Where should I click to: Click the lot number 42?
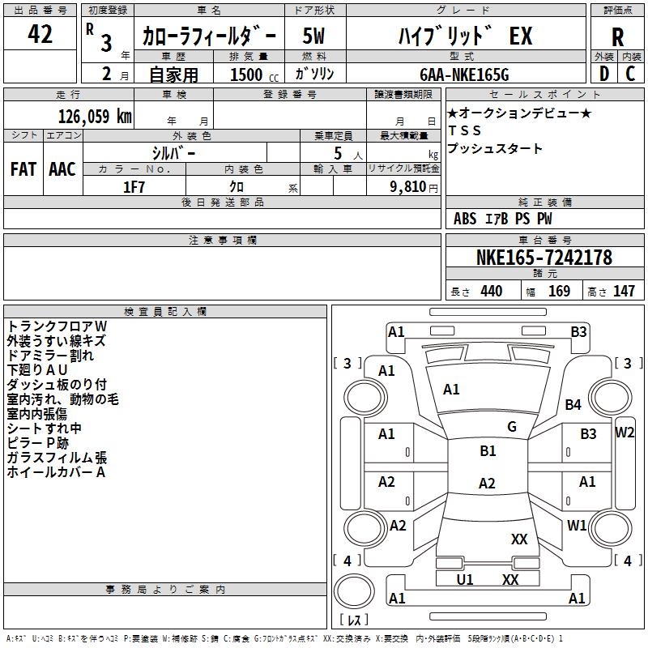tap(40, 33)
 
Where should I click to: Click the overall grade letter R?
tap(617, 37)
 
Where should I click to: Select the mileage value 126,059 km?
tap(95, 116)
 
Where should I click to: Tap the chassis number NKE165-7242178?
tap(544, 257)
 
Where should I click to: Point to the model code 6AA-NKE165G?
tap(464, 75)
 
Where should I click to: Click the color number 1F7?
tap(134, 187)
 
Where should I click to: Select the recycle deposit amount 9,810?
tap(408, 187)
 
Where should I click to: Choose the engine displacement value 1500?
tap(246, 75)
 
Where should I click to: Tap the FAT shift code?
tap(23, 169)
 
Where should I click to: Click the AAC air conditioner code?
tap(62, 169)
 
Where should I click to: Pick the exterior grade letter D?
tap(604, 74)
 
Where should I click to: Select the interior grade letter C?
tap(630, 74)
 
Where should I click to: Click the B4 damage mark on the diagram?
tap(573, 404)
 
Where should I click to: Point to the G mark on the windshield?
tap(512, 426)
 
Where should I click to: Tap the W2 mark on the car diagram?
tap(625, 433)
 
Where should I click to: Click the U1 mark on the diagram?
tap(464, 579)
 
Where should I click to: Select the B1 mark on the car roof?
tap(488, 450)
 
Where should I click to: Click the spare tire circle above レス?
tap(354, 591)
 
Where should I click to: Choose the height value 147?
tap(624, 291)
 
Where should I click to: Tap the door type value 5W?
tap(313, 36)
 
